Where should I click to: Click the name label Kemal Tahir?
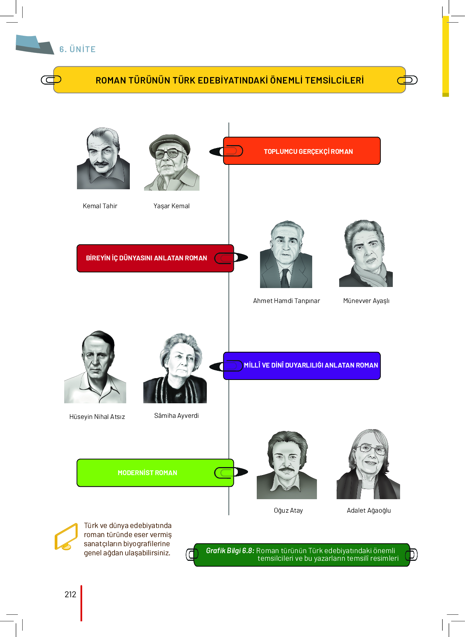(x=100, y=206)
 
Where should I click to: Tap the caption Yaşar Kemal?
(x=171, y=206)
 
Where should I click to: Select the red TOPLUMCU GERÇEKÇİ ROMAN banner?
(x=302, y=151)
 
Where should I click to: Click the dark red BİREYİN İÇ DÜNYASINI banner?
(x=155, y=258)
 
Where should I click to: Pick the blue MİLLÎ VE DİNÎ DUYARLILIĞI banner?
(x=302, y=366)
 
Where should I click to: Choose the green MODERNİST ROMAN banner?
(x=155, y=473)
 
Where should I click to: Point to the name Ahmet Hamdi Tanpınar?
(x=287, y=301)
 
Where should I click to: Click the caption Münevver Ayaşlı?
(x=366, y=301)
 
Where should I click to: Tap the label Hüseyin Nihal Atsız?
(x=97, y=417)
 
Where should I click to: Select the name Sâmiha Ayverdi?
(x=177, y=416)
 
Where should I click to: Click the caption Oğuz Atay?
(x=288, y=510)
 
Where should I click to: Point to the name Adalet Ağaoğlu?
(x=369, y=510)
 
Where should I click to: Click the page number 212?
(x=70, y=594)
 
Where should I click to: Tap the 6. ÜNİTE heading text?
(x=78, y=49)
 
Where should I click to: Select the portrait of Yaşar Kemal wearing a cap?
(x=172, y=162)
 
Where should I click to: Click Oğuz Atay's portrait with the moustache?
(x=287, y=465)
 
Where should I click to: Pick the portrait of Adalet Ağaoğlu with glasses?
(x=368, y=464)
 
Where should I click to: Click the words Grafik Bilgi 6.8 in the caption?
(x=230, y=551)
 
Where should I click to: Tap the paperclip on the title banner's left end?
(x=51, y=80)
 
